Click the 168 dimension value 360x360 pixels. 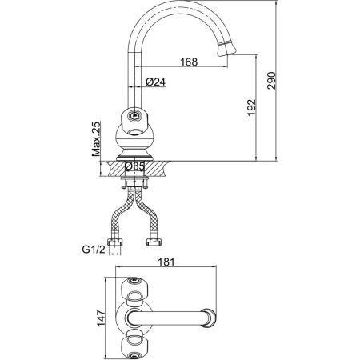pos(189,62)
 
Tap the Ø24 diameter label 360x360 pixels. pos(156,82)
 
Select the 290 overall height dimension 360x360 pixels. pos(271,81)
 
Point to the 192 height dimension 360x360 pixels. pos(251,108)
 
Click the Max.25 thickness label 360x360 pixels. pos(96,139)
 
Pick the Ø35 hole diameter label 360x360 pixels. pos(134,166)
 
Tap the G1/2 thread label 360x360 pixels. pos(94,250)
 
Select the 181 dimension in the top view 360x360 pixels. pos(166,262)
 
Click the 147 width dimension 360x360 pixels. pos(101,318)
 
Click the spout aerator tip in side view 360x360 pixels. pos(226,49)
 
